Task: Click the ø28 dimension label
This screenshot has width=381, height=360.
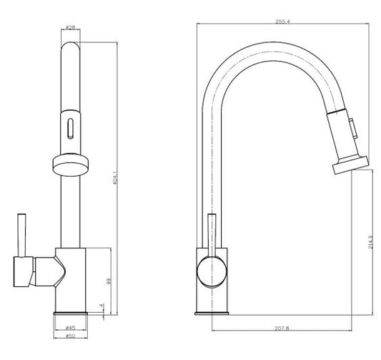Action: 71,28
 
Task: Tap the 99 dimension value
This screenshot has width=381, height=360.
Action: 108,282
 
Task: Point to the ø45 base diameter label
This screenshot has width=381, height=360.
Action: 70,328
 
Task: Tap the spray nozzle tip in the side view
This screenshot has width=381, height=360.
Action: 344,166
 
